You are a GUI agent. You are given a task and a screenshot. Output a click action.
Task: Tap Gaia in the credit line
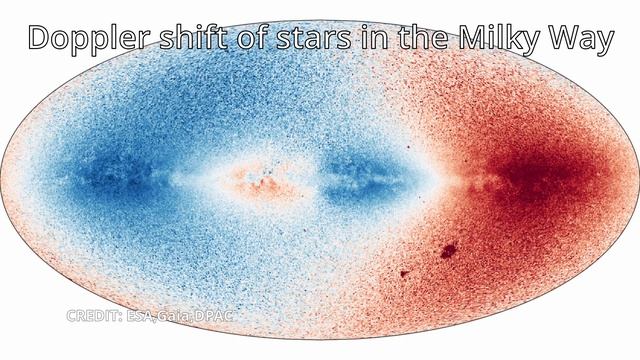(x=176, y=316)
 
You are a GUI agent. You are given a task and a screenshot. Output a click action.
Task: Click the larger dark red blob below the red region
(x=448, y=249)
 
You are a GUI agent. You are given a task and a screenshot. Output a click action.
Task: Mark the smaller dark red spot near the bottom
(x=404, y=272)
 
